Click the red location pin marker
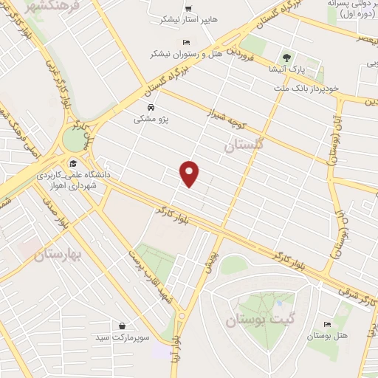(x=190, y=173)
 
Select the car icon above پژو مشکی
(x=151, y=106)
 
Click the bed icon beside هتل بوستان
(x=327, y=323)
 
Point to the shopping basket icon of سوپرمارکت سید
(x=121, y=325)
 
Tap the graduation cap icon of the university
(x=72, y=164)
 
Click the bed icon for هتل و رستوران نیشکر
(x=186, y=43)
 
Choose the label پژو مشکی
(x=151, y=118)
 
